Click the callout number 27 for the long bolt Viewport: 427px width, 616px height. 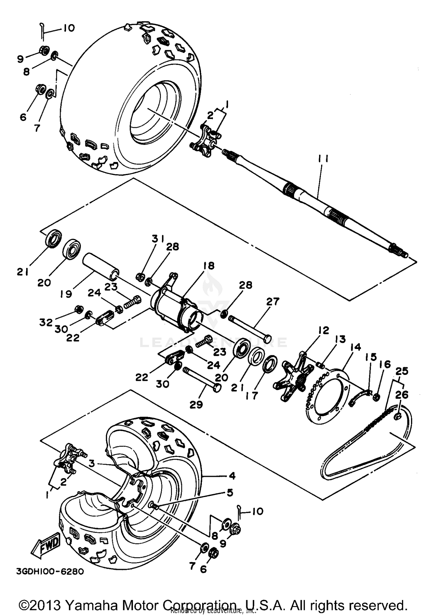pos(273,301)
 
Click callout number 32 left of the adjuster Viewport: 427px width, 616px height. pos(46,323)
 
